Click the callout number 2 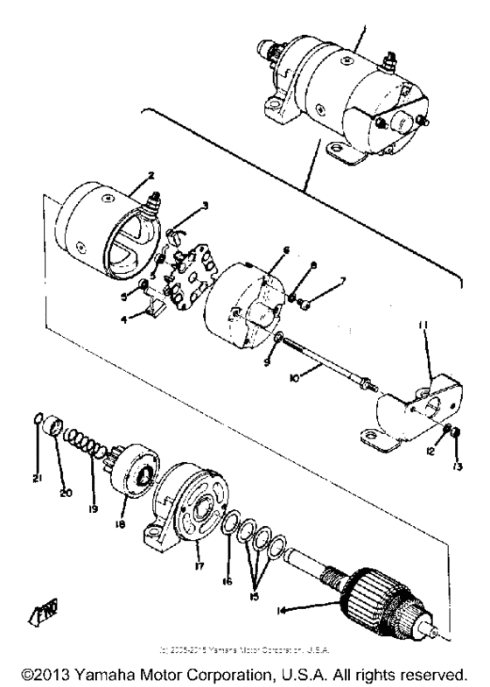point(128,176)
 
